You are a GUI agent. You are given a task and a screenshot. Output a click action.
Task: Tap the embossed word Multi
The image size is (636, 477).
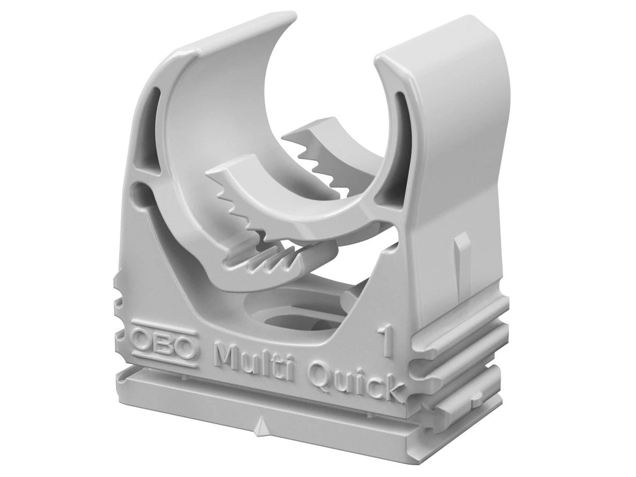pyautogui.click(x=256, y=357)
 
